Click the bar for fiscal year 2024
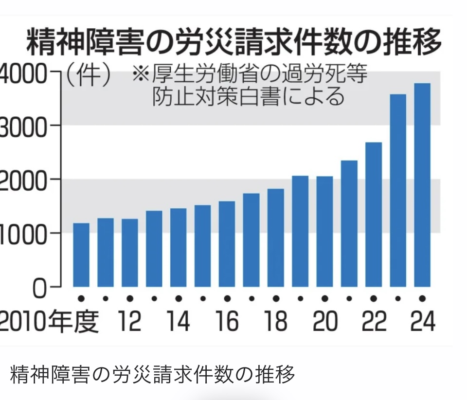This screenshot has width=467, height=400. coord(422,185)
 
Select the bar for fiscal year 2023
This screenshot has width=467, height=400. coord(398,190)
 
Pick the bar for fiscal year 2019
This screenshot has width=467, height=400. coord(300,231)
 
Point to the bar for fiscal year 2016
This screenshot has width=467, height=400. coord(227,244)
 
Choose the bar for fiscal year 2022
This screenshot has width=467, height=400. coord(374,214)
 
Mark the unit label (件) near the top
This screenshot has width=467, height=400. coord(88,76)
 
